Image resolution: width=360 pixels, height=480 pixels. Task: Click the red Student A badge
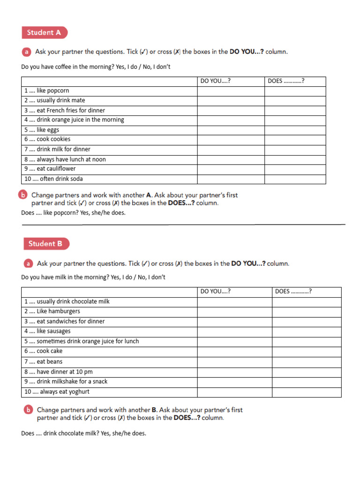44,32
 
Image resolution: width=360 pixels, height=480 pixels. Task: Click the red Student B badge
46,244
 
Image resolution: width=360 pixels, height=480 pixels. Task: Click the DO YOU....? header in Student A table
216,81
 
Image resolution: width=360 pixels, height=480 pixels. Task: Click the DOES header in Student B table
293,292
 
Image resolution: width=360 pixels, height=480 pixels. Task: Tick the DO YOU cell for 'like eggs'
231,130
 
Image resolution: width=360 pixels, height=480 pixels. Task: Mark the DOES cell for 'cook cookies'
295,140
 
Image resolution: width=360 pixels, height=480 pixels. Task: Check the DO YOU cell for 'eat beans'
234,361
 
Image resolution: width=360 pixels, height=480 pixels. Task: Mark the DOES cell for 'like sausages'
307,331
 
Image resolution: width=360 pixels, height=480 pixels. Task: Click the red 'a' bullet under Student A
27,52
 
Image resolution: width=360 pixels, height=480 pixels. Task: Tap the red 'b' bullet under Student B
28,410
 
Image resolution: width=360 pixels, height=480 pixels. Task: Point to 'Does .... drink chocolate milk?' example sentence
83,433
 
